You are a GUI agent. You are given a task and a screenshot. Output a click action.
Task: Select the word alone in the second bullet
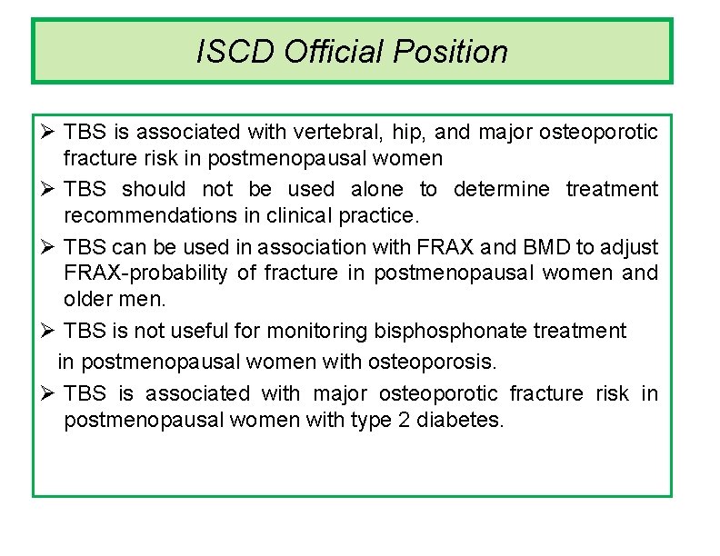tap(375, 189)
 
